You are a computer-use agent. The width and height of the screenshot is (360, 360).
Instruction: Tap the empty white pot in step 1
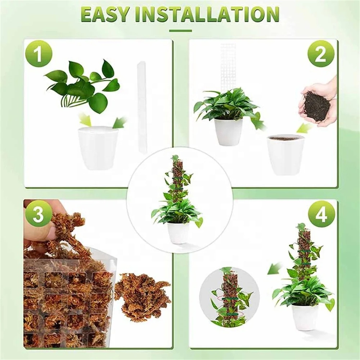[x=98, y=148]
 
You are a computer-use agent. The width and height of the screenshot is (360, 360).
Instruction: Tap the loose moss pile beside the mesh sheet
[x=142, y=295]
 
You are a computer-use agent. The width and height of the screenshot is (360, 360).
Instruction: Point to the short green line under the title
[x=180, y=31]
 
